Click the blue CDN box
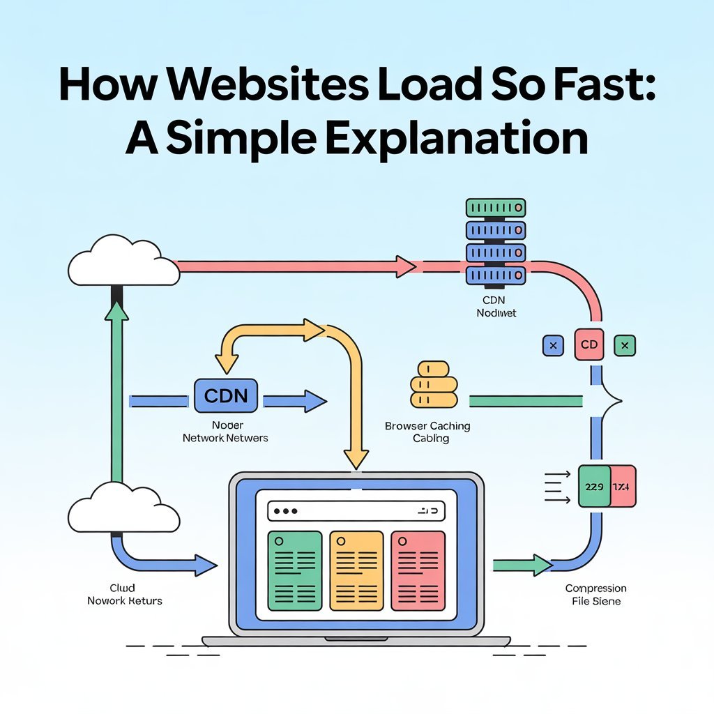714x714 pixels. click(x=226, y=396)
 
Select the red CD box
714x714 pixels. click(x=588, y=344)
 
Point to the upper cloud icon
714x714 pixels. click(x=123, y=261)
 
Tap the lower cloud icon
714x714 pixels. click(x=123, y=508)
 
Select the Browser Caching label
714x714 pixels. click(x=427, y=425)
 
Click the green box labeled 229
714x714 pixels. click(x=594, y=486)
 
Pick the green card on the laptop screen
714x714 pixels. click(x=294, y=570)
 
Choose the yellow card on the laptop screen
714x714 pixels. click(x=356, y=570)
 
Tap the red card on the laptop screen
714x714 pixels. click(x=418, y=570)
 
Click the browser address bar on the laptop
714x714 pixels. click(x=356, y=511)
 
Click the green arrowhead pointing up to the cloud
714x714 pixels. click(x=116, y=312)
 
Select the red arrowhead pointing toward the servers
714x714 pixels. click(x=404, y=266)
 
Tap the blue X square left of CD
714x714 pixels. click(x=553, y=344)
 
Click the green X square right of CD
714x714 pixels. click(x=625, y=344)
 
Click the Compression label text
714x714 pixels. click(x=595, y=588)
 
